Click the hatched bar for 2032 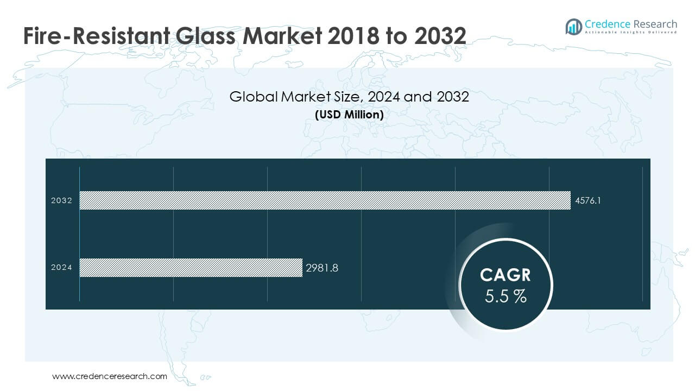(325, 200)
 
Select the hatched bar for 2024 (191, 267)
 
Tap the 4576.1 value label (588, 200)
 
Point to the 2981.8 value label (322, 267)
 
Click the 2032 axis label (61, 200)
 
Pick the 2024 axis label (61, 267)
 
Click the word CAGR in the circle (505, 275)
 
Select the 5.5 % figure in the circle (505, 297)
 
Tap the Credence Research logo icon (573, 26)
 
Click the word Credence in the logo (606, 24)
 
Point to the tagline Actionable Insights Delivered (631, 33)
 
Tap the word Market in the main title (279, 36)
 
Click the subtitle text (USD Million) (349, 115)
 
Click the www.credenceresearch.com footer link (110, 376)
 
